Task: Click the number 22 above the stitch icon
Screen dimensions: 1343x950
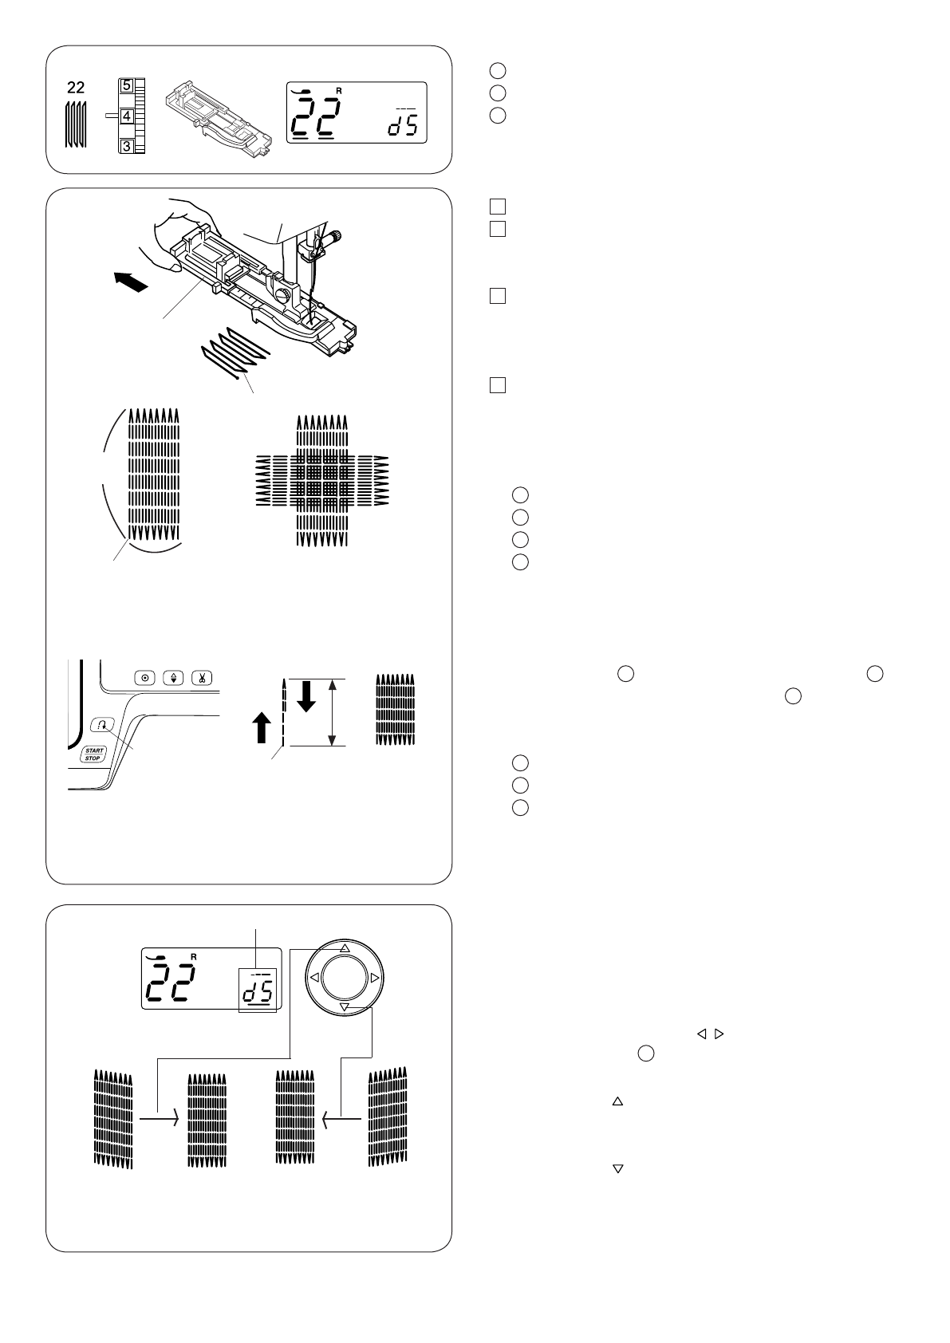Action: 76,88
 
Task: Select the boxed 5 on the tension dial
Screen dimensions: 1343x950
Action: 126,84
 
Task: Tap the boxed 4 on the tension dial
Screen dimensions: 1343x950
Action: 126,115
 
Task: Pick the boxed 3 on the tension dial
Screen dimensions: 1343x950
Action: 126,146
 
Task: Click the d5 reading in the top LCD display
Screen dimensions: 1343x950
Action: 402,127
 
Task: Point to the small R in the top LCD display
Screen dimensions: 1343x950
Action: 339,91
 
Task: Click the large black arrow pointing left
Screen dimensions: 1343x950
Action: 131,282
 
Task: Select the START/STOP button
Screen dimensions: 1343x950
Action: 93,754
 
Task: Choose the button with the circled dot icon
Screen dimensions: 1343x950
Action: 145,678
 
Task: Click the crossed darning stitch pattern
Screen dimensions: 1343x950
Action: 321,483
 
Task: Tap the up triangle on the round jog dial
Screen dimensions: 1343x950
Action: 345,948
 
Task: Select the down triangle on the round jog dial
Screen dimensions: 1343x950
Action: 345,1008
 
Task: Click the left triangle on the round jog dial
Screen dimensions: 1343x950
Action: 315,978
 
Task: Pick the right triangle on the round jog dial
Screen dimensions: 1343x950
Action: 375,978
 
